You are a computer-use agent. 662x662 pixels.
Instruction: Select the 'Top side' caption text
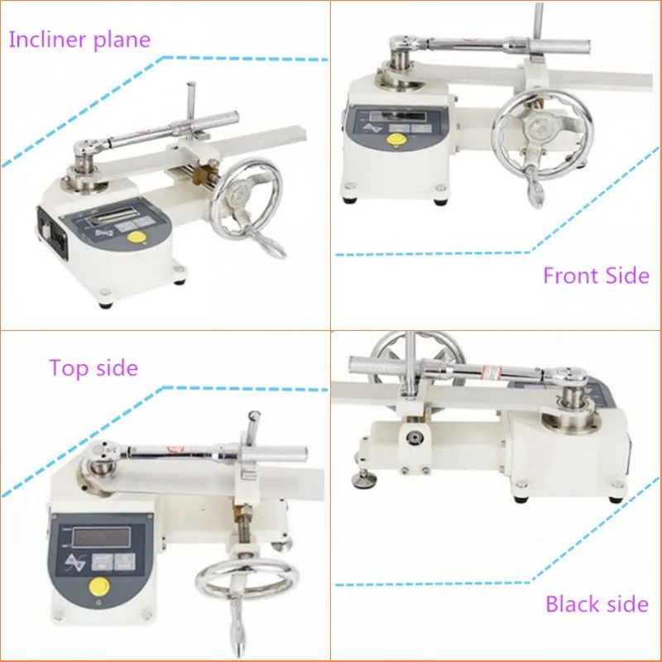[x=93, y=367]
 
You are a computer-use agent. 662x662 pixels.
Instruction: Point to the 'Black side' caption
[x=596, y=604]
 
